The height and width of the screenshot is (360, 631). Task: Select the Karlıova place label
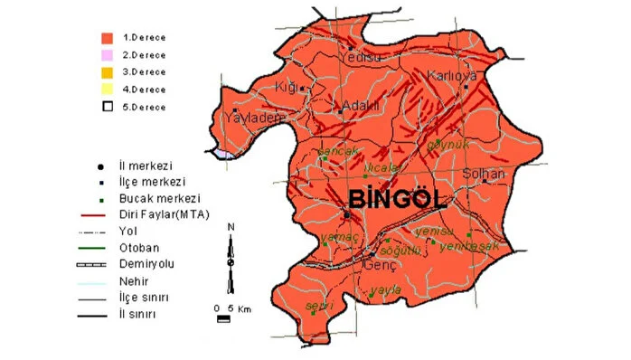452,76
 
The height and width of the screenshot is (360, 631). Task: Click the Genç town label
373,267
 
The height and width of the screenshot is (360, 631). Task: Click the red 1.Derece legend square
107,38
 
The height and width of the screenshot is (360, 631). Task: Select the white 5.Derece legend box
107,106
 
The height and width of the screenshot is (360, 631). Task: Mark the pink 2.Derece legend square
107,55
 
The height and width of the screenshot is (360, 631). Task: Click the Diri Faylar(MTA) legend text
164,214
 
